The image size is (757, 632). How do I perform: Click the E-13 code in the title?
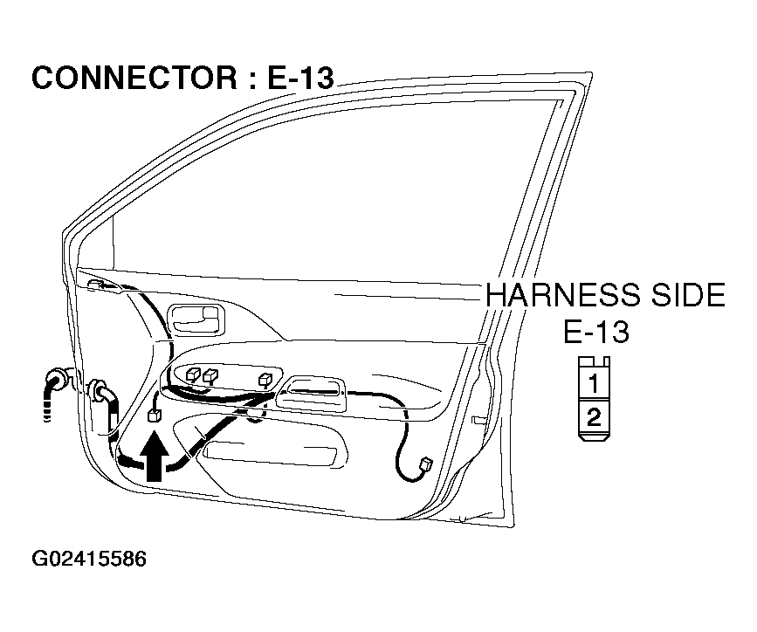300,78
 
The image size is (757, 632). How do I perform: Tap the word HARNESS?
564,295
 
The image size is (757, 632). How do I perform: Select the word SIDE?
689,295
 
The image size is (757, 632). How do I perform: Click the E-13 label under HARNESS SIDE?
596,332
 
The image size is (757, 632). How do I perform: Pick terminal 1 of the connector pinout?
594,383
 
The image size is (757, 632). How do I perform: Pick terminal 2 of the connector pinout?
594,416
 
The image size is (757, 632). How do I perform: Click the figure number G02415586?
89,559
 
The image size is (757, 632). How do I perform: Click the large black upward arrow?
154,456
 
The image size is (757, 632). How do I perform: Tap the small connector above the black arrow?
155,415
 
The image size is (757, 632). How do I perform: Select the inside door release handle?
196,320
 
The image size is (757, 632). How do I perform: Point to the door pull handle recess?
311,394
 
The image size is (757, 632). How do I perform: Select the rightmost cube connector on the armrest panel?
265,380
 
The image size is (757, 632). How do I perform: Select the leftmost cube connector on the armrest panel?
193,374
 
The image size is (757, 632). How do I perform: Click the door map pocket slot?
270,456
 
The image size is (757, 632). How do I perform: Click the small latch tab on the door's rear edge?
478,420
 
